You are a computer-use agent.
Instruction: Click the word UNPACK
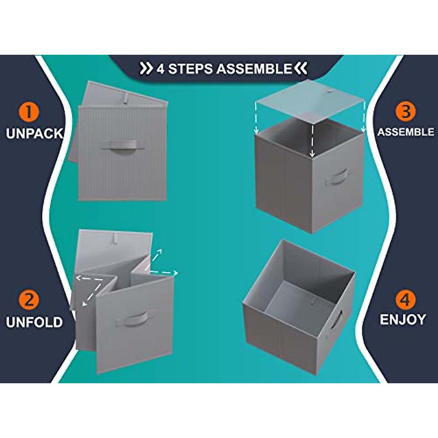(x=34, y=134)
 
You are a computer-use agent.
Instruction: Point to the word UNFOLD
(x=34, y=322)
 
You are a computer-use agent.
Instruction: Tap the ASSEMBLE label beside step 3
(x=406, y=132)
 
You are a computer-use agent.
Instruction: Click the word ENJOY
(x=403, y=320)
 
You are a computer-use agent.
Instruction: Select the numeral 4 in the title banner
(x=160, y=69)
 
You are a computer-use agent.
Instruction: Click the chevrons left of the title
(x=146, y=68)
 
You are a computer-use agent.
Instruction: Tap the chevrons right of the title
(x=301, y=68)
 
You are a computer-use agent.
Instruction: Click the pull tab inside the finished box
(x=313, y=301)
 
